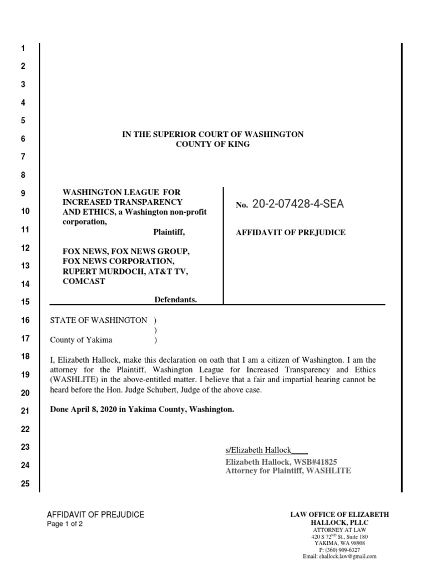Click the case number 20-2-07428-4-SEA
298,204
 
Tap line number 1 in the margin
23,49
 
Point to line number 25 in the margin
24,484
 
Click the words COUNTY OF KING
212,144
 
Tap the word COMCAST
84,281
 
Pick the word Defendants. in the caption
175,300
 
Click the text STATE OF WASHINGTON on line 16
99,320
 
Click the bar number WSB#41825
324,461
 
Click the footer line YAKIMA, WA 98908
339,543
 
